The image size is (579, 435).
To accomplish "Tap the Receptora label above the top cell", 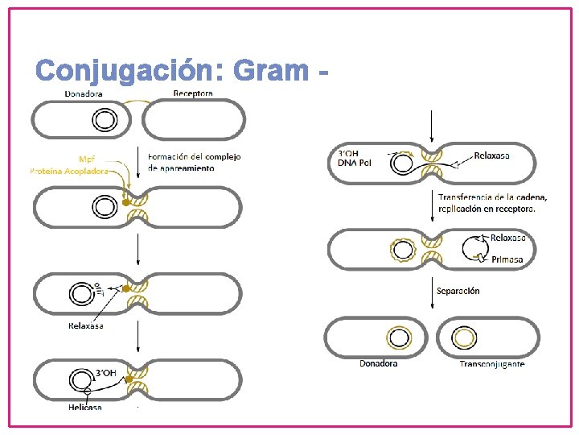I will click(193, 93).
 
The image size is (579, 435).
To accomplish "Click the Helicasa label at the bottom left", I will click(85, 407).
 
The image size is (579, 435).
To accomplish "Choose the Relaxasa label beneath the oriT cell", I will click(85, 325).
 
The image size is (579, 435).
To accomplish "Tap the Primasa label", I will click(507, 259).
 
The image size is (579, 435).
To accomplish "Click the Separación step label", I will click(458, 291).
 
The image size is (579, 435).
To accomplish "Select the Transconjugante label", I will click(492, 364).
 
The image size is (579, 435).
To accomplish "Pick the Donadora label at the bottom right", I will click(378, 363).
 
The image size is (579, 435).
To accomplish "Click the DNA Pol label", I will click(351, 164).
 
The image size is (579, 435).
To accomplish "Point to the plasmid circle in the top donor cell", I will click(104, 121).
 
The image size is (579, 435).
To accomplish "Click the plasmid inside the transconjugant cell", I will click(464, 338).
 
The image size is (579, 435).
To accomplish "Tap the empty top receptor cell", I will click(193, 120).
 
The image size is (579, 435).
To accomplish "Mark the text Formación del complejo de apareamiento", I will click(194, 162).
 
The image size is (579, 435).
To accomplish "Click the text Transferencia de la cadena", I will click(492, 197).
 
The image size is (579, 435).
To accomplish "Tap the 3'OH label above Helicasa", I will click(106, 373).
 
